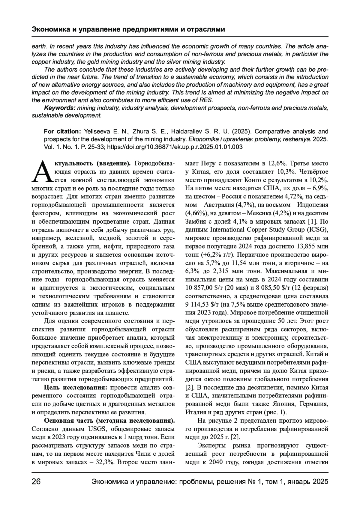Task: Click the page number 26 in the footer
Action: (36, 482)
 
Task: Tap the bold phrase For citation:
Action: (62, 132)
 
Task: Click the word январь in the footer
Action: (299, 482)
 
